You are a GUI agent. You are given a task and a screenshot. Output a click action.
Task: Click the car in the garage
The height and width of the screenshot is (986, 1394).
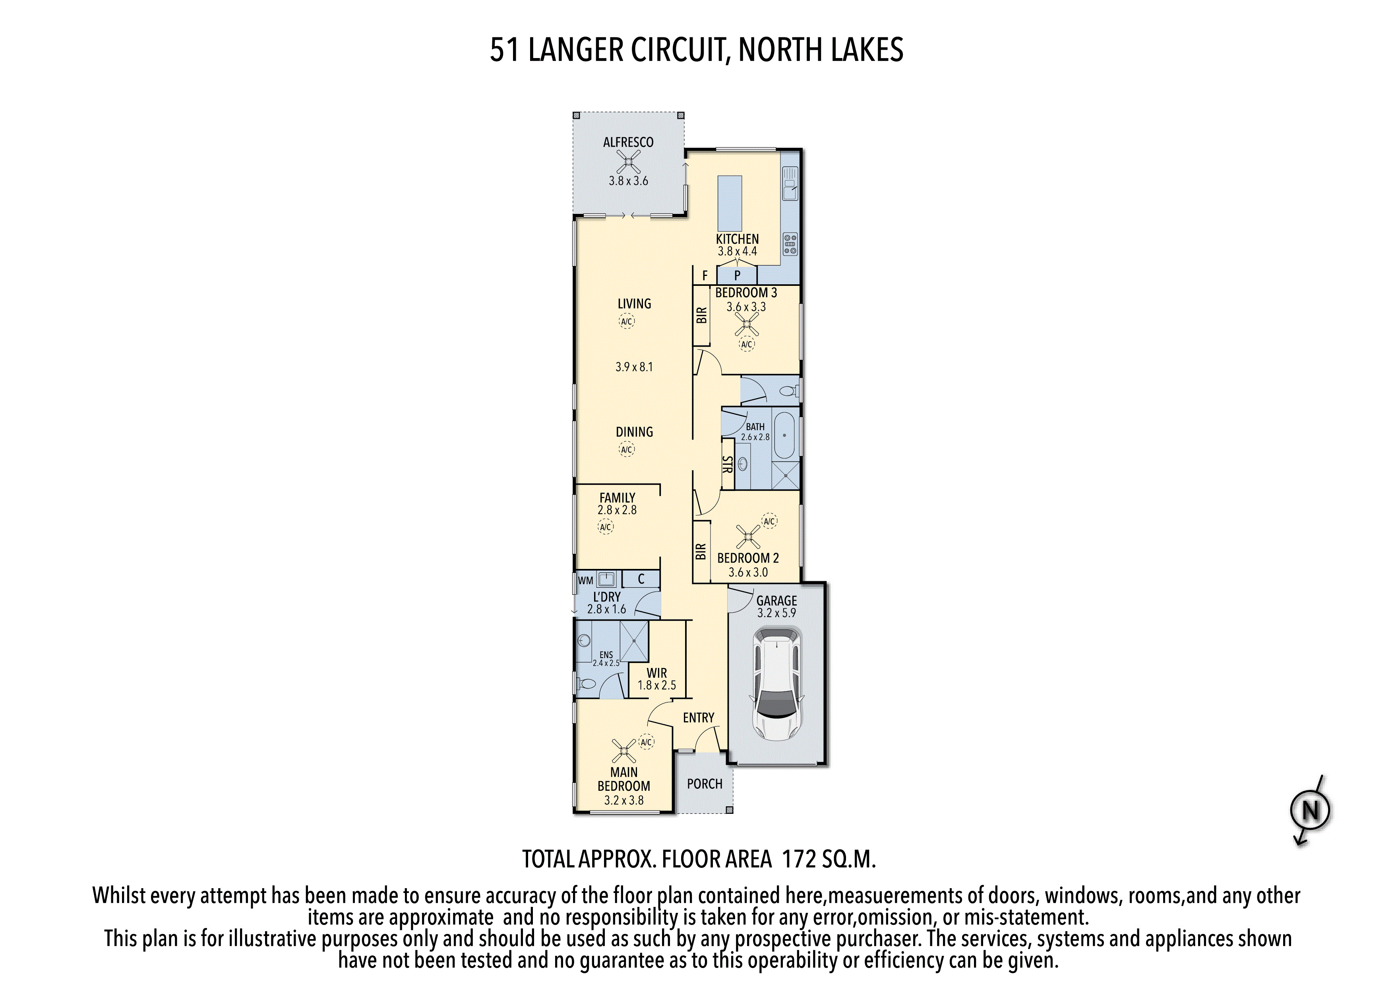pos(776,684)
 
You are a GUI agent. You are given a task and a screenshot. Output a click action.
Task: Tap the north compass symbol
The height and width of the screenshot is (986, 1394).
pos(1310,810)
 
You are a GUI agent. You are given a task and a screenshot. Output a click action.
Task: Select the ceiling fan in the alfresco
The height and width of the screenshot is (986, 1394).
pos(628,162)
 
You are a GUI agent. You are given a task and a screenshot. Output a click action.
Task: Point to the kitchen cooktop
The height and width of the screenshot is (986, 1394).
pos(790,244)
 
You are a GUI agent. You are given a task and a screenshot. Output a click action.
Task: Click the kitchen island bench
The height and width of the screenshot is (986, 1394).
pos(730,201)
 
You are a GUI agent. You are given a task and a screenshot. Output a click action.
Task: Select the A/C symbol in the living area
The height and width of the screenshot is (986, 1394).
pos(627,321)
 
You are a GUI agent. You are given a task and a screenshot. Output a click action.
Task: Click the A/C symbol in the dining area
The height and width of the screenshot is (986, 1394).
pos(627,450)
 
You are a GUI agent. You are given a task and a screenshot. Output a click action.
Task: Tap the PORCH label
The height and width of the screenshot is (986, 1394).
pos(705,784)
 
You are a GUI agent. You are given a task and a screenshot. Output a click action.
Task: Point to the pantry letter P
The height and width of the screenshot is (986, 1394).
pos(737,275)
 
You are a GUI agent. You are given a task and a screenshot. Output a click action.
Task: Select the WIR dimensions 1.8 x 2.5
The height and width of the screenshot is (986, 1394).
pos(656,685)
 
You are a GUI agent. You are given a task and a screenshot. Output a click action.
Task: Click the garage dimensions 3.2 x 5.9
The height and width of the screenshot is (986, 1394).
pos(776,613)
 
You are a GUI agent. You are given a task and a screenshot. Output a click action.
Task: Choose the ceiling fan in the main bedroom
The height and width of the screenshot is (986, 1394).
pos(623,751)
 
